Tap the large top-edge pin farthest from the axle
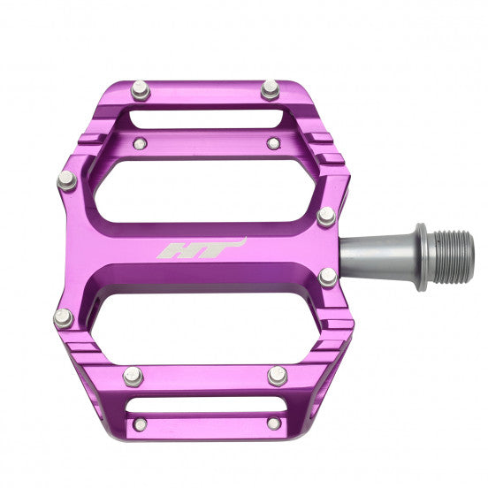pos(140,89)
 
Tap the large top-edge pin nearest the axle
pos(271,89)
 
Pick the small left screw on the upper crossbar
pos(138,144)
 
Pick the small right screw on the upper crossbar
pos(274,143)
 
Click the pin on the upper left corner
pos(67,180)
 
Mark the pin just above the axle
pos(326,216)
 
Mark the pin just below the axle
pos(328,277)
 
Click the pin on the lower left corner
pos(64,317)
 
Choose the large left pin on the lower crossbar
pos(133,376)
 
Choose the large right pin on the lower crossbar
pos(278,376)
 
